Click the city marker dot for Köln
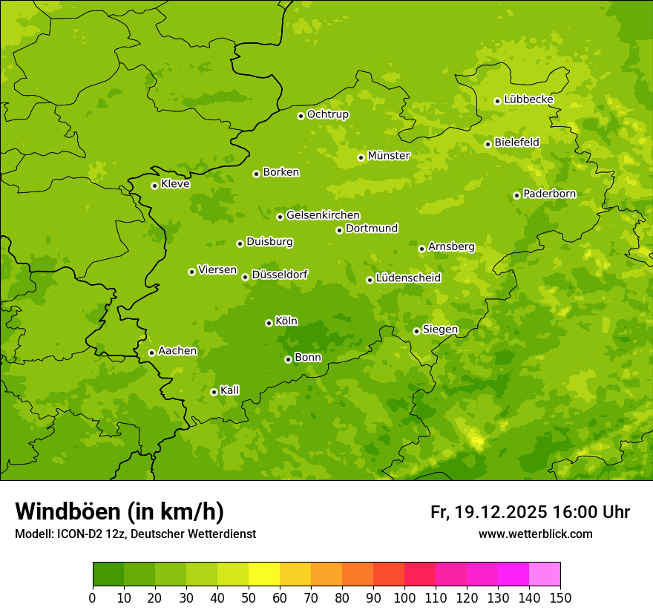[x=269, y=323]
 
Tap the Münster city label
[x=389, y=156]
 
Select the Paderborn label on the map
[x=549, y=194]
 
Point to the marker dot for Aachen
[x=151, y=353]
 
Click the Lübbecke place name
[x=528, y=99]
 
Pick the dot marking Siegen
[x=416, y=331]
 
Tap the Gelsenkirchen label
[x=323, y=215]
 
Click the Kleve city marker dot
[x=154, y=186]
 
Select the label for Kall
[x=230, y=390]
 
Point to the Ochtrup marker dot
[x=301, y=116]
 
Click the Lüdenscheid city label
[x=408, y=278]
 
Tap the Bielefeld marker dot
[x=488, y=144]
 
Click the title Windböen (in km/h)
[x=119, y=511]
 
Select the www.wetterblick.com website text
[x=535, y=534]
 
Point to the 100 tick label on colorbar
[x=404, y=597]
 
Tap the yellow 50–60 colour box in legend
[x=264, y=574]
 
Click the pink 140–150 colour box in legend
[x=545, y=574]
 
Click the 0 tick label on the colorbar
[x=93, y=597]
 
